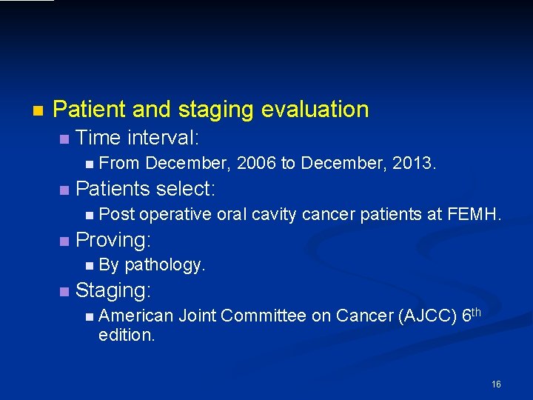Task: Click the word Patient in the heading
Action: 90,110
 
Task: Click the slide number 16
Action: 496,384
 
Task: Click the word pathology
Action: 165,265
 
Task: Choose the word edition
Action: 127,335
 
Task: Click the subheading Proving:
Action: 113,240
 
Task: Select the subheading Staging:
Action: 113,290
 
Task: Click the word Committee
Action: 263,316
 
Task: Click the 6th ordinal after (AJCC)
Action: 471,315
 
